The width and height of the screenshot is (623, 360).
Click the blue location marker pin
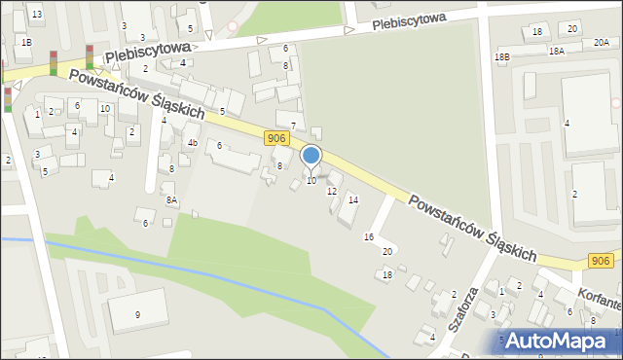[x=311, y=156]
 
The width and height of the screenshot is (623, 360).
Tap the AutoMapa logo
[x=560, y=342]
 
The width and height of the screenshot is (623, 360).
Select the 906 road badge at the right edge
[x=601, y=260]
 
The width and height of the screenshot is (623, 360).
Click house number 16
[x=369, y=237]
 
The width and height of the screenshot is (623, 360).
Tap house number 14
[x=353, y=199]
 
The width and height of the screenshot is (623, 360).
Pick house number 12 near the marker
[x=332, y=192]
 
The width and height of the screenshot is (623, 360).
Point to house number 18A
[x=556, y=51]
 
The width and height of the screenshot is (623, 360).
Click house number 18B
[x=501, y=57]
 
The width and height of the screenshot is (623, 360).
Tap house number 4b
[x=193, y=143]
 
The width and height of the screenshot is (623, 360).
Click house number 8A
[x=171, y=200]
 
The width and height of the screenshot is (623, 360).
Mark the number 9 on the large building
[x=137, y=314]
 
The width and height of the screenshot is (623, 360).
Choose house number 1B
[x=26, y=42]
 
